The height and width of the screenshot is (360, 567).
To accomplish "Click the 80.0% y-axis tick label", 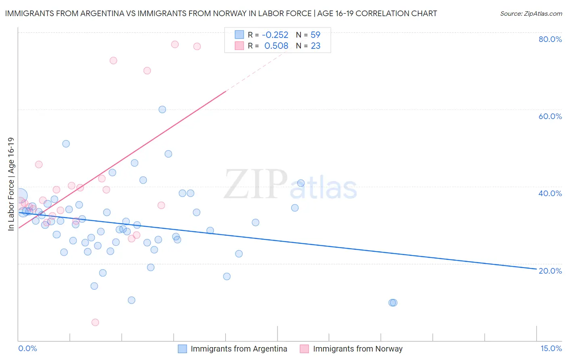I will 550,39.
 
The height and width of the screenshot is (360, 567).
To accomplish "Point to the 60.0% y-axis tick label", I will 550,116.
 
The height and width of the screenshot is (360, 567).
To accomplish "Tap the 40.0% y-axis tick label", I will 550,193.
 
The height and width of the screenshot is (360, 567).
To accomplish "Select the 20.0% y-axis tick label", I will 550,270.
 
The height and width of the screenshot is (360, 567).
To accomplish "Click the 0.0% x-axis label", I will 27,348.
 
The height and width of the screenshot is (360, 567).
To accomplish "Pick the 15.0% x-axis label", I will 551,348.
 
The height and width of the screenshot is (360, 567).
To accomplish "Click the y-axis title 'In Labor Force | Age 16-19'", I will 11,184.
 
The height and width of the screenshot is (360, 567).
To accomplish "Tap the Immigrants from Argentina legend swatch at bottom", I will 182,349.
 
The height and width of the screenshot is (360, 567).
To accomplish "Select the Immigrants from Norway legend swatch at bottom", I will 304,349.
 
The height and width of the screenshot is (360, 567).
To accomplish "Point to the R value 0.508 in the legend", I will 276,46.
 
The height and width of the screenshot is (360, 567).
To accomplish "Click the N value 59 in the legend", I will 315,35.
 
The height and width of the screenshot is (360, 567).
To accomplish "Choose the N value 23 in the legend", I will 315,46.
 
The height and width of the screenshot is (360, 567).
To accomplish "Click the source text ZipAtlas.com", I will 531,14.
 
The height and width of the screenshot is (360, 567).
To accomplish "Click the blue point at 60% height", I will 162,109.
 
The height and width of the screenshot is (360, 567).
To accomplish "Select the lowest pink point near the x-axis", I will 95,322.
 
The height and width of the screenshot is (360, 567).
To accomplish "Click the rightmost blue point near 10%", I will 394,303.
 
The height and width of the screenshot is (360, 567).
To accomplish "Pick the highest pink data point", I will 175,44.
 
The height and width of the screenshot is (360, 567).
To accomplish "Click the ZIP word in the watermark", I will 255,184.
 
